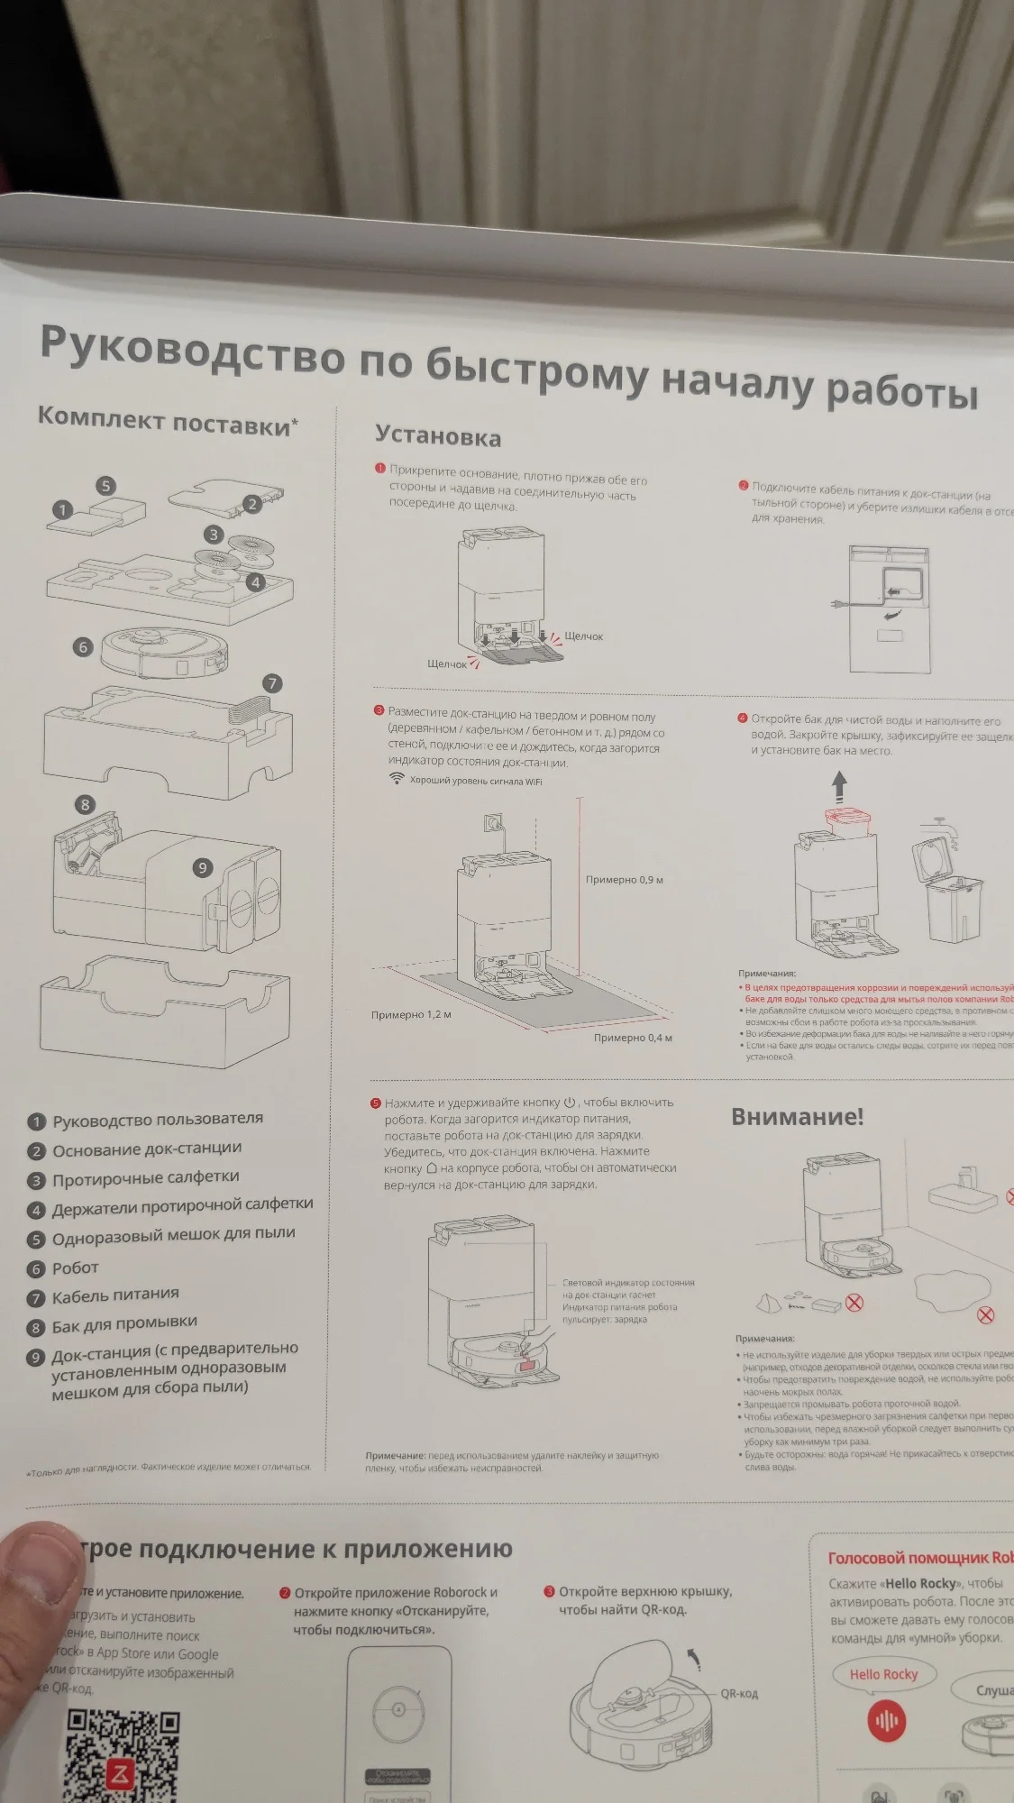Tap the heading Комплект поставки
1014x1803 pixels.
pos(168,421)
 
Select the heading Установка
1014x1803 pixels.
pos(438,437)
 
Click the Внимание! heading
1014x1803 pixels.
pos(797,1117)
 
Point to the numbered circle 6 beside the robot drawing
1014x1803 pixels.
pos(83,646)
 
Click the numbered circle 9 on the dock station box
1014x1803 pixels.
pos(203,867)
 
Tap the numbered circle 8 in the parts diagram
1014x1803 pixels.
pos(85,804)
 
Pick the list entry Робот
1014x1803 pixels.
pos(75,1268)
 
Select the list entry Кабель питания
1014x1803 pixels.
pos(115,1296)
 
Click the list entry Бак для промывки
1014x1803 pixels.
pos(124,1323)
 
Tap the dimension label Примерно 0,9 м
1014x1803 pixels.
pos(625,880)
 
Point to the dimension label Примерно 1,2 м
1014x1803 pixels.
pos(411,1015)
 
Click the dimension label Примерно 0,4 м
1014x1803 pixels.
pos(633,1038)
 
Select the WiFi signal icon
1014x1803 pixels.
pos(397,779)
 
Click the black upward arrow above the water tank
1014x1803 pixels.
pos(840,786)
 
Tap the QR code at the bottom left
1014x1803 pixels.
pos(123,1754)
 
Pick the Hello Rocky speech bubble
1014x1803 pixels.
pos(883,1674)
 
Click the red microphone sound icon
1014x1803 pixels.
pos(886,1720)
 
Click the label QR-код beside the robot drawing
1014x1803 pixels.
pos(739,1693)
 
